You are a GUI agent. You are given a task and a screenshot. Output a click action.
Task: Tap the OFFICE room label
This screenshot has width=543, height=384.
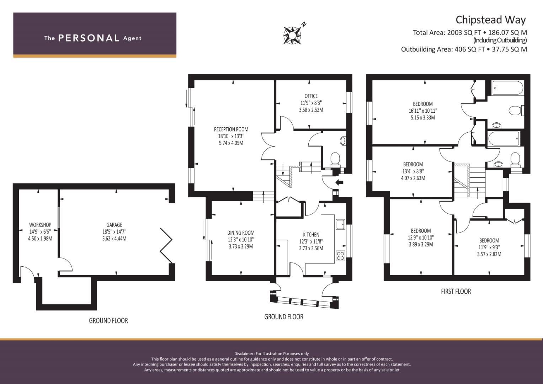click(311, 96)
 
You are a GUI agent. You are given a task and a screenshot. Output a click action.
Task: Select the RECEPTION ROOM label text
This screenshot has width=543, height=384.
click(231, 129)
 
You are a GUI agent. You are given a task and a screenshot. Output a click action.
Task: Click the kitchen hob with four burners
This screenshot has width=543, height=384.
click(340, 256)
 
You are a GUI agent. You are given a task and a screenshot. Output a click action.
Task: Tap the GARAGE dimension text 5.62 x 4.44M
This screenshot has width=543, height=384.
click(114, 239)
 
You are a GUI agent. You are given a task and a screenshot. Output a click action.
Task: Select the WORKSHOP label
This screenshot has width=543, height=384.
click(40, 225)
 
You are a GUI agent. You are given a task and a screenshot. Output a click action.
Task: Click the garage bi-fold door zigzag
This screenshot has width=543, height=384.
click(166, 246)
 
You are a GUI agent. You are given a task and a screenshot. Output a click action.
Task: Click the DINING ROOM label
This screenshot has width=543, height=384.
click(241, 233)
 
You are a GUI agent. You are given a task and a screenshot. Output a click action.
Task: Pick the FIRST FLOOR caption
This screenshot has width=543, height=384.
click(456, 292)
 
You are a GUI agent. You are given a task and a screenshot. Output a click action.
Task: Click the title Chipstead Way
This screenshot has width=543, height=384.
click(491, 20)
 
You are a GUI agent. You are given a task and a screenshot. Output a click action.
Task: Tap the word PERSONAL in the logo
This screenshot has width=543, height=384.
click(89, 38)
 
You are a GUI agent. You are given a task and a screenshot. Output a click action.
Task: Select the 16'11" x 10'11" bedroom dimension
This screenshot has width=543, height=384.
click(423, 111)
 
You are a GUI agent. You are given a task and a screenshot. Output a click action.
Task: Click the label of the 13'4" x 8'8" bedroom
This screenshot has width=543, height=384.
click(413, 164)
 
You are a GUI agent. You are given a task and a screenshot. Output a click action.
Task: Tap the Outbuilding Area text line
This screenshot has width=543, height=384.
click(464, 49)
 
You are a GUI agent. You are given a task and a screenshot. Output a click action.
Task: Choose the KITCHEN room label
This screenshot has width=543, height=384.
click(311, 235)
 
